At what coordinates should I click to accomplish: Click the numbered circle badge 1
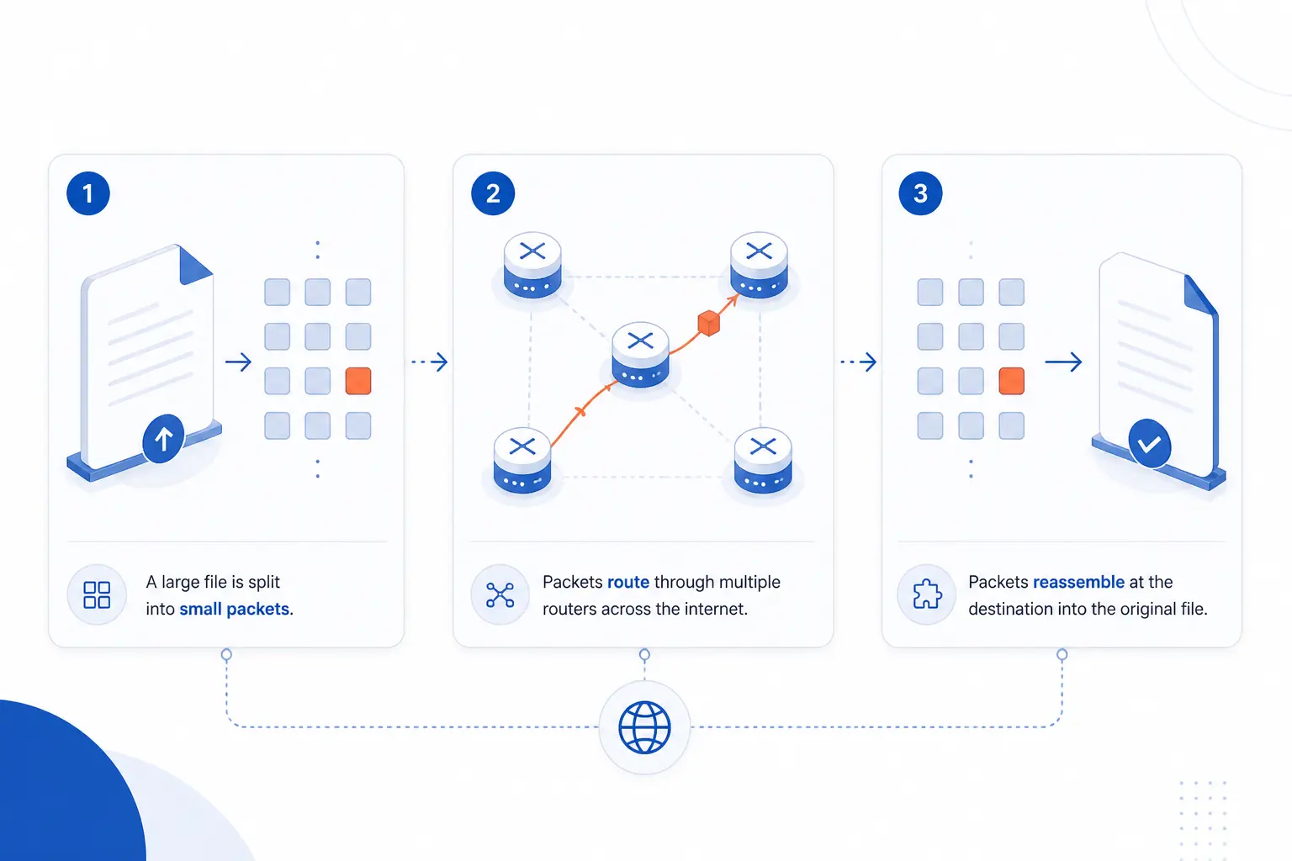coord(88,193)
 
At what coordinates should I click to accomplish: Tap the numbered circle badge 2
coord(493,193)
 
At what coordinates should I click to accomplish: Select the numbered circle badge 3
coord(920,193)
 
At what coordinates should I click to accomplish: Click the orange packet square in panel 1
coord(358,381)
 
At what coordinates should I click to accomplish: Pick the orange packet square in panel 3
coord(1012,381)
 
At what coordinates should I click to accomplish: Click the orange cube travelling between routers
coord(709,322)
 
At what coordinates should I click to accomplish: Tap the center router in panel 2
coord(640,354)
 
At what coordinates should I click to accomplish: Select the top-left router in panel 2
coord(532,265)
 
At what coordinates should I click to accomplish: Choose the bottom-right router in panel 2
coord(763,460)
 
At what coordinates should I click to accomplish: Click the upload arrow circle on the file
coord(163,438)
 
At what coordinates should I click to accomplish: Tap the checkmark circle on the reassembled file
coord(1150,443)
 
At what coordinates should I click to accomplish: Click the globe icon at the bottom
coord(644,727)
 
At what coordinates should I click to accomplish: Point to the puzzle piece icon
coord(927,594)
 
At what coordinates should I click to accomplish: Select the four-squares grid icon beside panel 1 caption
coord(97,595)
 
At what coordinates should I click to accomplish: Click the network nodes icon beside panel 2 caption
coord(500,595)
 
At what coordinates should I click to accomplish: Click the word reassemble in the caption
coord(1078,582)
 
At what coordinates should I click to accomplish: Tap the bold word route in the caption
coord(628,582)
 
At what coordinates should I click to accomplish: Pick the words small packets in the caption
coord(234,609)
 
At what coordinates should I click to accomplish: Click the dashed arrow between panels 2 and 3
coord(859,362)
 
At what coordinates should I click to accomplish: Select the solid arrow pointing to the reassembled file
coord(1063,362)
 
